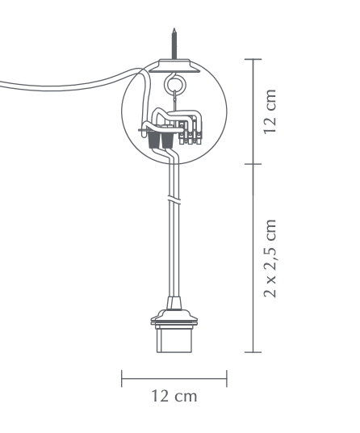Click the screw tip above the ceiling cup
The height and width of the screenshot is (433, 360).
[174, 29]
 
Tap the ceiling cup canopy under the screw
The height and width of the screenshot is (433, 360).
[174, 65]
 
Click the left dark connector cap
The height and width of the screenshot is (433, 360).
[154, 140]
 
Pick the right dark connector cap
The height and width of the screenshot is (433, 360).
[168, 140]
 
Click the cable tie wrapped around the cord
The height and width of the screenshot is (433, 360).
[174, 200]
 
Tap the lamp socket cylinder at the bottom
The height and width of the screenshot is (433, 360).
[174, 339]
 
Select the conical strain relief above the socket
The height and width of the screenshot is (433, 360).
[174, 303]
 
